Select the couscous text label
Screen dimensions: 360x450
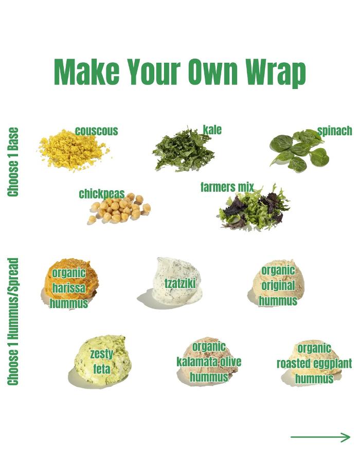click(x=97, y=131)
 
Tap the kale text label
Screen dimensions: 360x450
click(x=212, y=130)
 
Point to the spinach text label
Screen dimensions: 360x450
click(x=335, y=131)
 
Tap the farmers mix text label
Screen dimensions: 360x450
click(x=227, y=187)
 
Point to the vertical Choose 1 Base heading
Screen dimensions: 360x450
click(x=13, y=162)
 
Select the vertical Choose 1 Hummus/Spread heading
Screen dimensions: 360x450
click(x=13, y=321)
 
